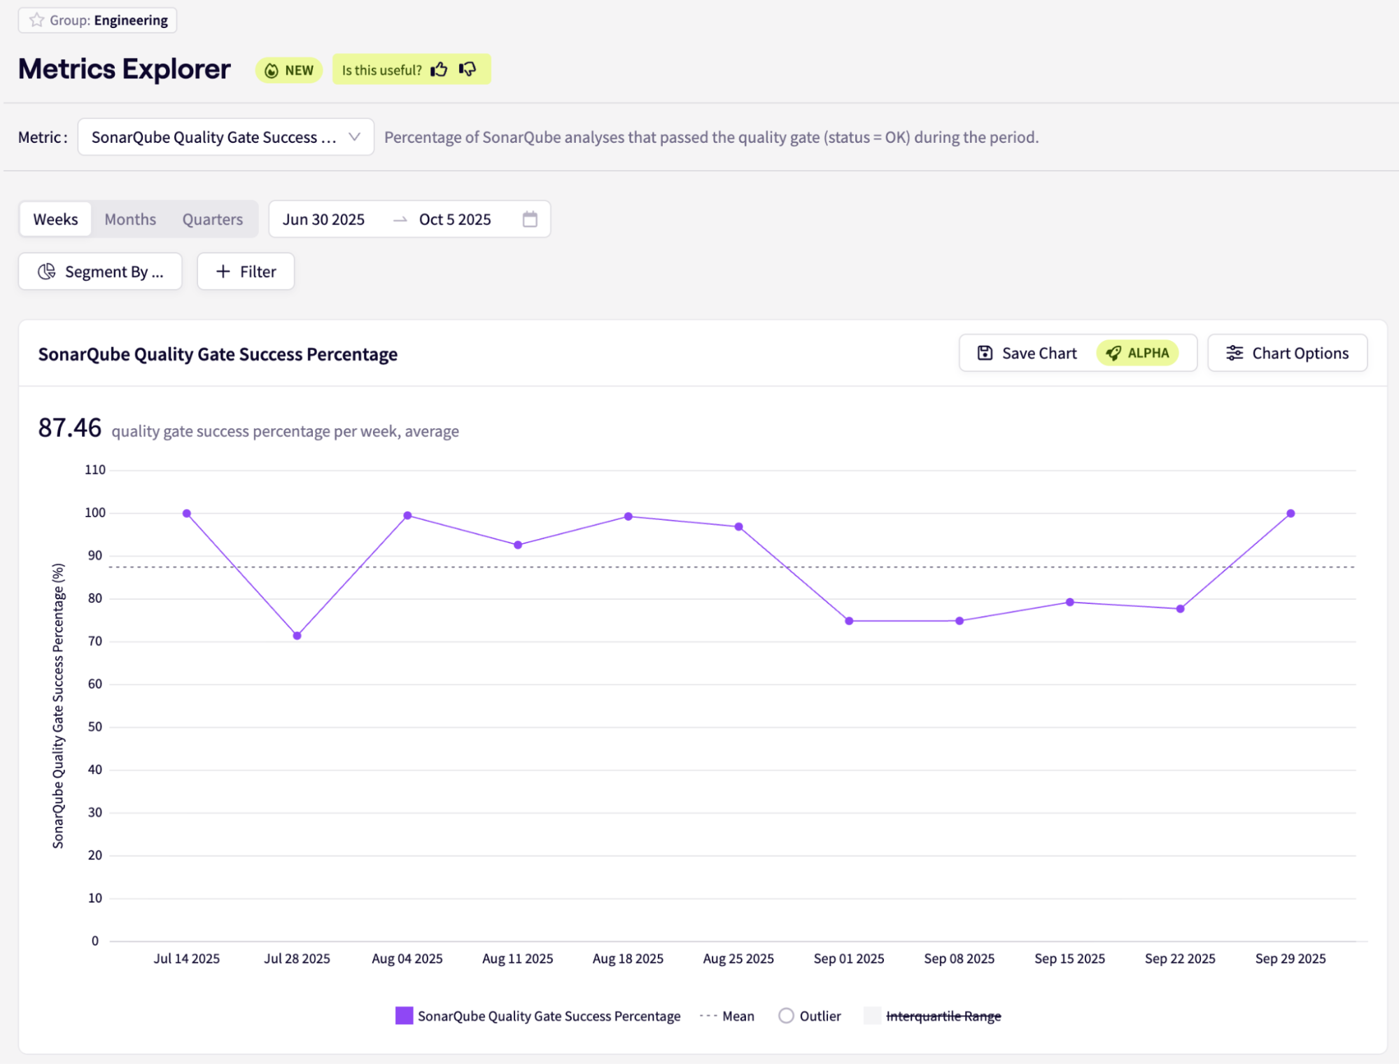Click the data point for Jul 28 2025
click(297, 636)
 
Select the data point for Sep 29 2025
click(1291, 514)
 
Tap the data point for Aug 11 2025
click(518, 545)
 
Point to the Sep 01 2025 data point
click(849, 621)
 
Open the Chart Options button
click(1287, 353)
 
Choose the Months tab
click(130, 220)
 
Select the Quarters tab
click(213, 220)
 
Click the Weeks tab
click(56, 220)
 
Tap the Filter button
click(246, 272)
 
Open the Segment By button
click(100, 272)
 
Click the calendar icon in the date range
click(530, 220)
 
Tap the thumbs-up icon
click(439, 69)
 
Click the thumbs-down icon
click(467, 69)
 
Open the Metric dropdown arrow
click(354, 137)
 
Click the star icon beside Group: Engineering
click(36, 20)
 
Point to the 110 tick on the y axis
click(95, 470)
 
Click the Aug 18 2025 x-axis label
click(628, 959)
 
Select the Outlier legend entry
click(810, 1016)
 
